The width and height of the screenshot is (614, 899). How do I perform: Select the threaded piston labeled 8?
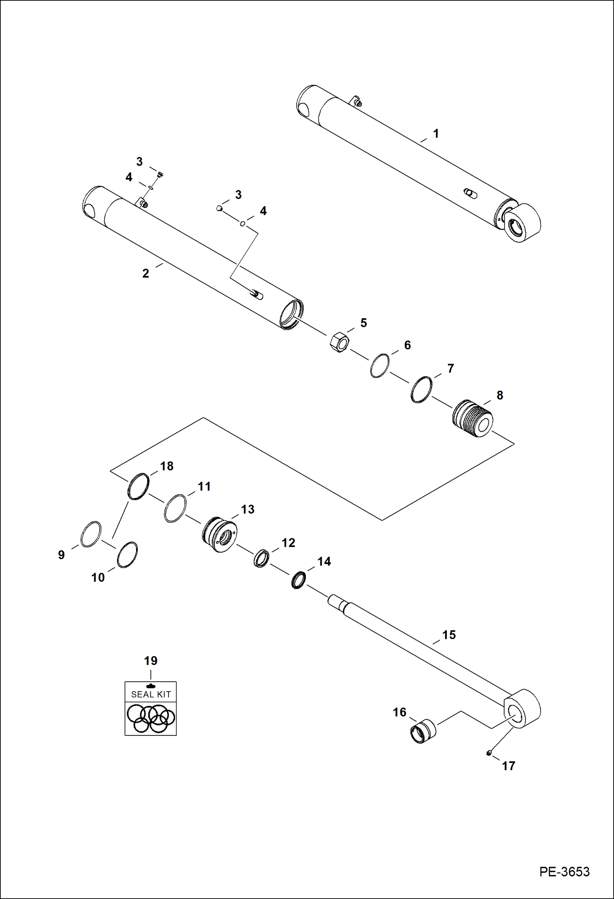(473, 418)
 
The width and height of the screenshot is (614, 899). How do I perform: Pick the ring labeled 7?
(421, 389)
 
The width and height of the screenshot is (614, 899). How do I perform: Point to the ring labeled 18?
(138, 487)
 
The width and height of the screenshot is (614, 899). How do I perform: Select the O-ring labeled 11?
(175, 508)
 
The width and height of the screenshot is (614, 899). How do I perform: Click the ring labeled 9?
(91, 534)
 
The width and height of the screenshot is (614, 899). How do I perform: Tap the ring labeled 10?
(127, 555)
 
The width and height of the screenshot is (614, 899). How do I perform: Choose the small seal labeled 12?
(261, 559)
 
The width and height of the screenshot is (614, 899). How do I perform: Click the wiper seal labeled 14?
(298, 580)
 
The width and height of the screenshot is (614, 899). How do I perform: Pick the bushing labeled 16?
(423, 731)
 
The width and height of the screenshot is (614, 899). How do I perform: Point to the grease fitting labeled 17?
(489, 753)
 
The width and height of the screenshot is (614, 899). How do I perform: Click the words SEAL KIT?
(151, 694)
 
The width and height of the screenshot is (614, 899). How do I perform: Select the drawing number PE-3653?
(564, 872)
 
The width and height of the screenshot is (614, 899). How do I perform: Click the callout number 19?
(150, 661)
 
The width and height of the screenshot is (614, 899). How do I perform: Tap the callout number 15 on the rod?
(449, 635)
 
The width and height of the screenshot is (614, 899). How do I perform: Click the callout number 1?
(436, 134)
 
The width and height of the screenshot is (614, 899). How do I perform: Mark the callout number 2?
(146, 273)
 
